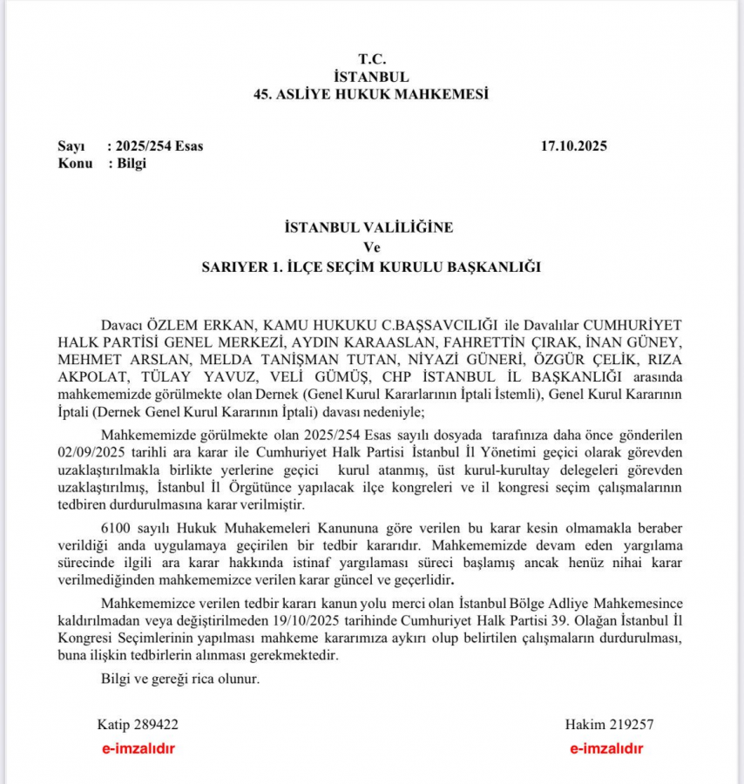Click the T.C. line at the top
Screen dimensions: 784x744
tap(370, 59)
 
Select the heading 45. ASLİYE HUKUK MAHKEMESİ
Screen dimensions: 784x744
tap(370, 94)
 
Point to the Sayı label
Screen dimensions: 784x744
tap(73, 145)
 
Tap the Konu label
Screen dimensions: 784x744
tap(75, 163)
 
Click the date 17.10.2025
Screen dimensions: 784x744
tap(574, 145)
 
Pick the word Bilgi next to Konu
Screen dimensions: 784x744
tap(132, 163)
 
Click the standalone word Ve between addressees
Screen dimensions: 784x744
tap(370, 247)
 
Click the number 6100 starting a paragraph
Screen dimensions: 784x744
tap(116, 529)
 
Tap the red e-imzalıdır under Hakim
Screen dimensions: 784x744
tap(607, 748)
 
